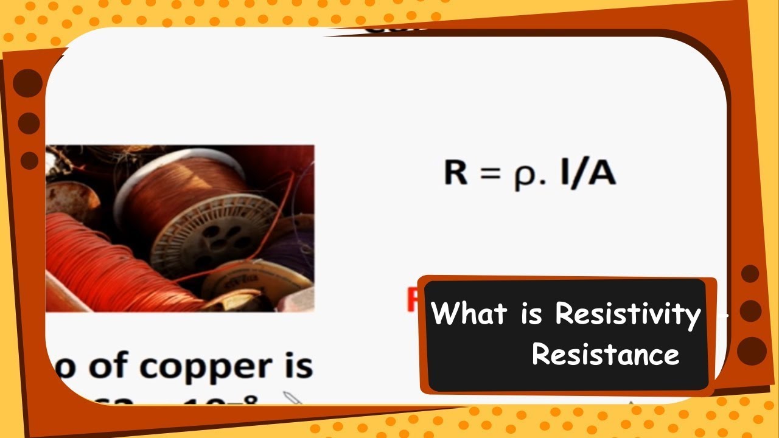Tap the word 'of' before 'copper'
[x=110, y=367]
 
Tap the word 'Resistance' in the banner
[x=606, y=354]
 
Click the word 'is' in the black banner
[x=531, y=314]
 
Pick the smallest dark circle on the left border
[x=29, y=161]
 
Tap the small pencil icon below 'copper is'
[x=292, y=398]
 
